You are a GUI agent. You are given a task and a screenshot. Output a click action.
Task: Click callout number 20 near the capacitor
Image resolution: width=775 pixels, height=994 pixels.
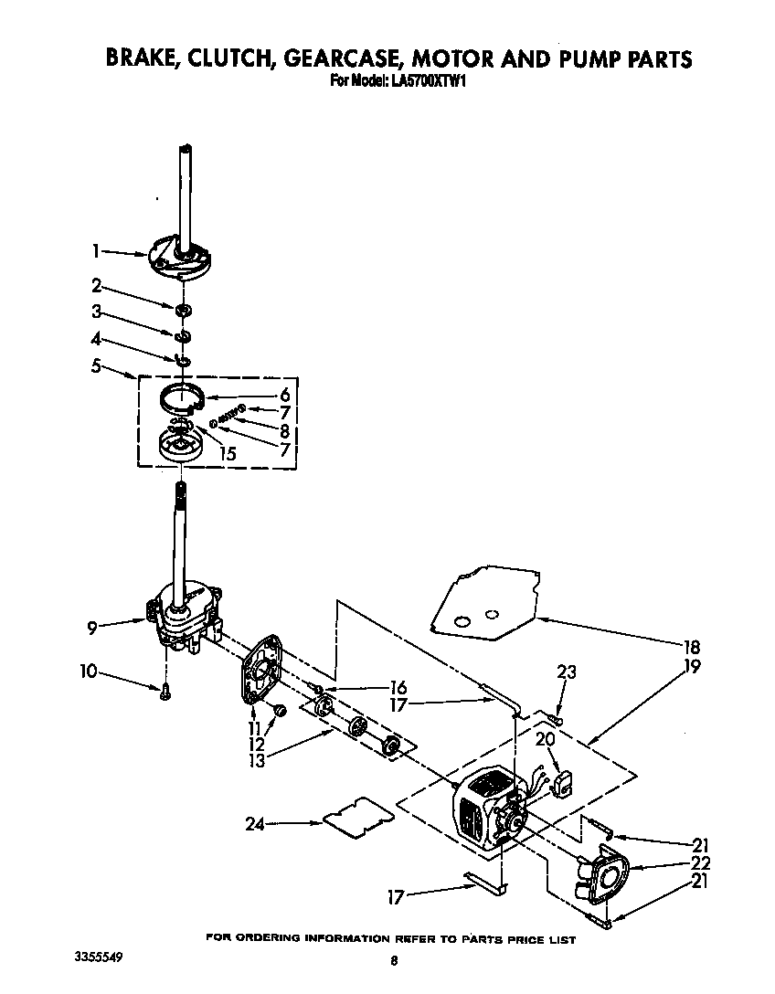[546, 740]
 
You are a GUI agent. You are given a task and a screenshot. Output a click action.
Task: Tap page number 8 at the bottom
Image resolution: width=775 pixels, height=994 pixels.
[394, 960]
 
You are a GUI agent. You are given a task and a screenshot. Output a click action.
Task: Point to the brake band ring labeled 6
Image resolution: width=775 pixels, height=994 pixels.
[181, 398]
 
